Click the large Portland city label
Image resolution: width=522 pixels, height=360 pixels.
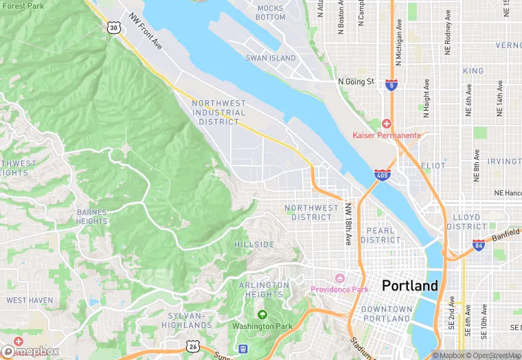click(409, 285)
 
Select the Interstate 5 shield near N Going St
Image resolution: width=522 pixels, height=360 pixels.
click(391, 85)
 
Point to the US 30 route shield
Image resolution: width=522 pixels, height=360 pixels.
click(113, 26)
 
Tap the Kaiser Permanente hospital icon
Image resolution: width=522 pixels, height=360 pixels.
click(386, 124)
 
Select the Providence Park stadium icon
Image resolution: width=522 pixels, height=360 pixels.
click(338, 278)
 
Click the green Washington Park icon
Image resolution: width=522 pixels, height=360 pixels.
click(261, 315)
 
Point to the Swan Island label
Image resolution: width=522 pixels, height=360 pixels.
click(271, 58)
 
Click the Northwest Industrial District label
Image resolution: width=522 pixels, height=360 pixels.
click(219, 112)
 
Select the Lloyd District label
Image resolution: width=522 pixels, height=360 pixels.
click(466, 221)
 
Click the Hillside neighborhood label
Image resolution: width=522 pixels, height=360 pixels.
click(254, 244)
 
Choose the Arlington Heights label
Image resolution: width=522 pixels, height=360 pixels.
click(264, 289)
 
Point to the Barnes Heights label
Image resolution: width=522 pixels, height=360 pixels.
click(92, 216)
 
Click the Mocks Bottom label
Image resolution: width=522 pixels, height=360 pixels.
click(270, 12)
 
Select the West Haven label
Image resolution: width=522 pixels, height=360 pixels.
click(30, 300)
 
